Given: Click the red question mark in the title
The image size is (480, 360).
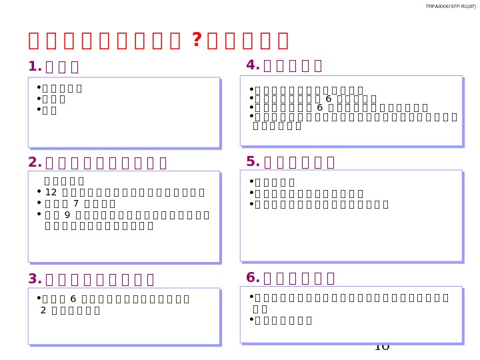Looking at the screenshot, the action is click(x=196, y=41).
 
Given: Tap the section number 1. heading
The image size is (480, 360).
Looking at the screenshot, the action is click(x=35, y=67).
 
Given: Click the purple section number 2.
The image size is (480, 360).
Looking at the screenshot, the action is click(x=35, y=163).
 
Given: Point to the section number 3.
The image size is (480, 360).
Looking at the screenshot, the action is click(x=35, y=279).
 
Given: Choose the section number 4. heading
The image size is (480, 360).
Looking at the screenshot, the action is click(x=253, y=65).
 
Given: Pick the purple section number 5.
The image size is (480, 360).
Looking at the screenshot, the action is click(x=253, y=162).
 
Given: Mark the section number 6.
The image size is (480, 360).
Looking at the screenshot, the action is click(x=253, y=278).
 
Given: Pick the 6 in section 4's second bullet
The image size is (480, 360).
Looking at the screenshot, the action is click(x=328, y=99).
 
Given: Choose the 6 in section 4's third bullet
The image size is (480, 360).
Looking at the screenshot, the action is click(x=319, y=107).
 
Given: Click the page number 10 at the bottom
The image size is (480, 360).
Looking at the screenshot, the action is click(x=382, y=346).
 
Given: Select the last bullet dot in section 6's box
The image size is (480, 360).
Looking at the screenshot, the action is click(x=251, y=319).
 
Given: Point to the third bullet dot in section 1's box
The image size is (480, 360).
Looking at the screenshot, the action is click(x=39, y=109).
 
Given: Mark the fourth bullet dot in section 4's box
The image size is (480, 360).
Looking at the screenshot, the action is click(x=251, y=116).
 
